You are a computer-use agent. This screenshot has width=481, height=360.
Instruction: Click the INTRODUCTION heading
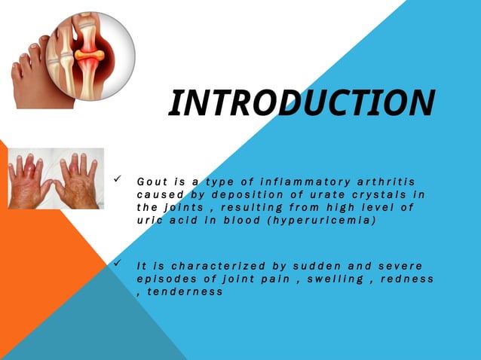(302, 103)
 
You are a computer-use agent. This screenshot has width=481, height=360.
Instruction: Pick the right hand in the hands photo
(78, 181)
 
